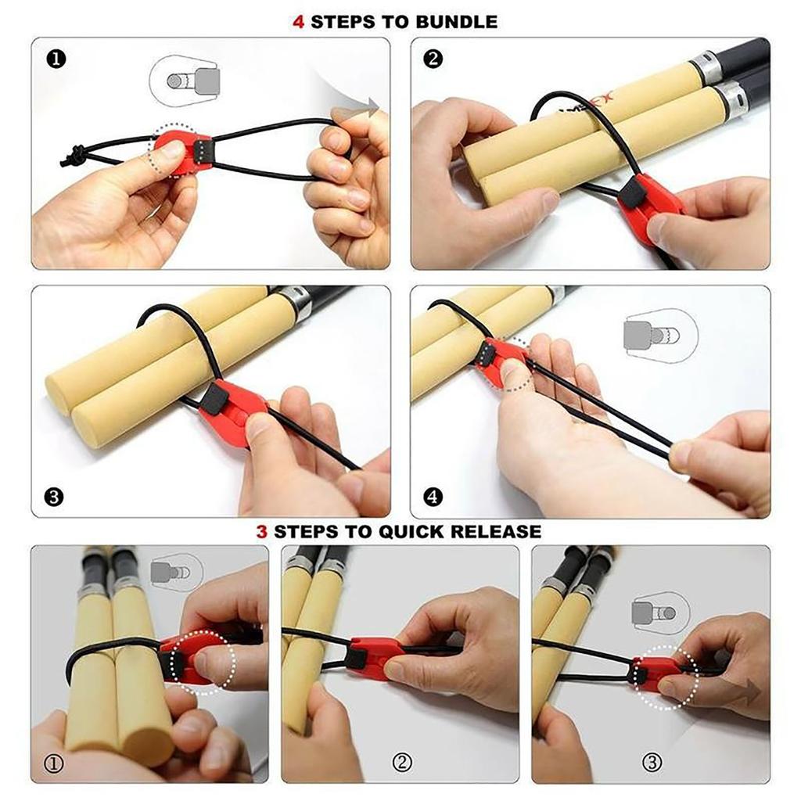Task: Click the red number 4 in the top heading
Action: click(x=298, y=22)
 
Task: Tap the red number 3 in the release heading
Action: click(x=262, y=532)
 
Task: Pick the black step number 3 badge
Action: click(x=55, y=496)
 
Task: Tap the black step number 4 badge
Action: click(x=433, y=496)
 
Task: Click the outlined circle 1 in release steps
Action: click(x=55, y=762)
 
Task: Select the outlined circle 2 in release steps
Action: click(x=400, y=762)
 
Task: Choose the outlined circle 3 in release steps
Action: click(x=652, y=762)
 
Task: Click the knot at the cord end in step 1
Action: click(x=74, y=156)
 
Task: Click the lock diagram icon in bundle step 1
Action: click(x=184, y=80)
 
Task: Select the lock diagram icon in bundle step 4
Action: click(x=660, y=335)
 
